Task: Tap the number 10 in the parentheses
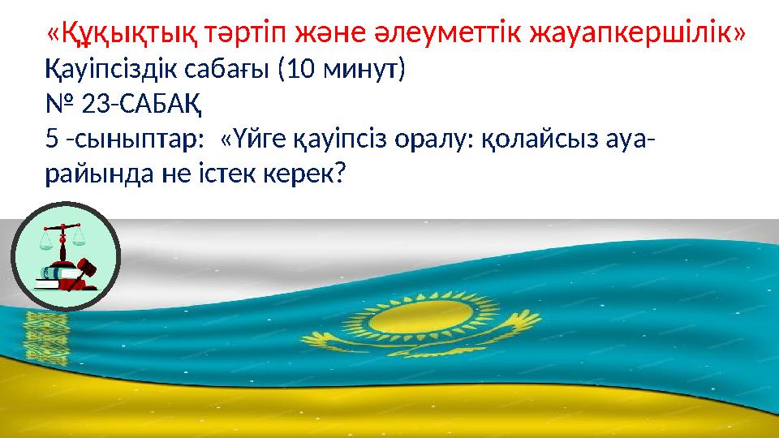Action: [300, 70]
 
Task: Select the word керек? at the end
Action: [305, 176]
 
